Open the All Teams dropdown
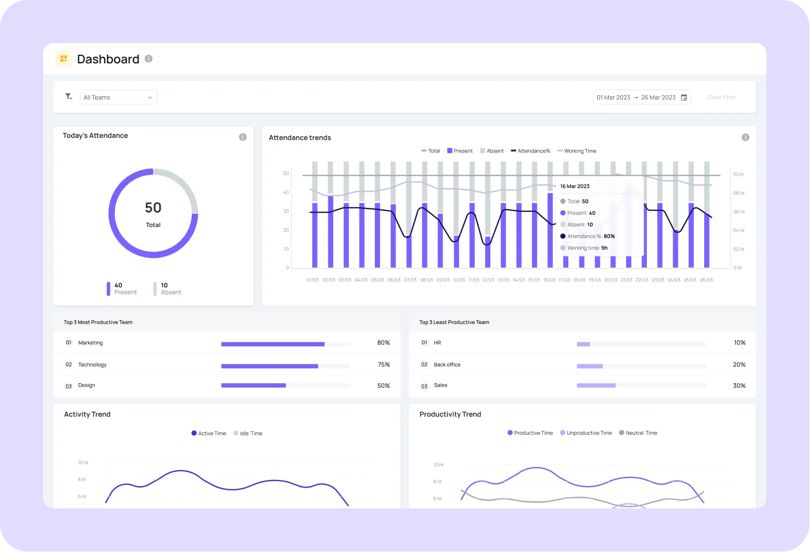pos(119,97)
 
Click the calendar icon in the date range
pos(684,97)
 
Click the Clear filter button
pos(721,97)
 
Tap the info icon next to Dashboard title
pos(148,59)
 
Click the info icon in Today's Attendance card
pos(243,137)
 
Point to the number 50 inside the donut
pos(153,208)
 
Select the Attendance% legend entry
pos(530,151)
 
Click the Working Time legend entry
pos(577,151)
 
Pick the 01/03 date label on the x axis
pos(313,280)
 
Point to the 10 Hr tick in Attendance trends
pos(739,174)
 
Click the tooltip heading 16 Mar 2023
pos(575,187)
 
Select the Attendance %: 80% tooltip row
pos(588,236)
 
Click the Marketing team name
pos(90,343)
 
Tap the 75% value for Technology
pos(383,365)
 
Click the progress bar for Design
pos(253,386)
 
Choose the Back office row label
pos(447,365)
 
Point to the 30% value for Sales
pos(739,386)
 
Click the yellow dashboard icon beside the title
pos(64,59)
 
